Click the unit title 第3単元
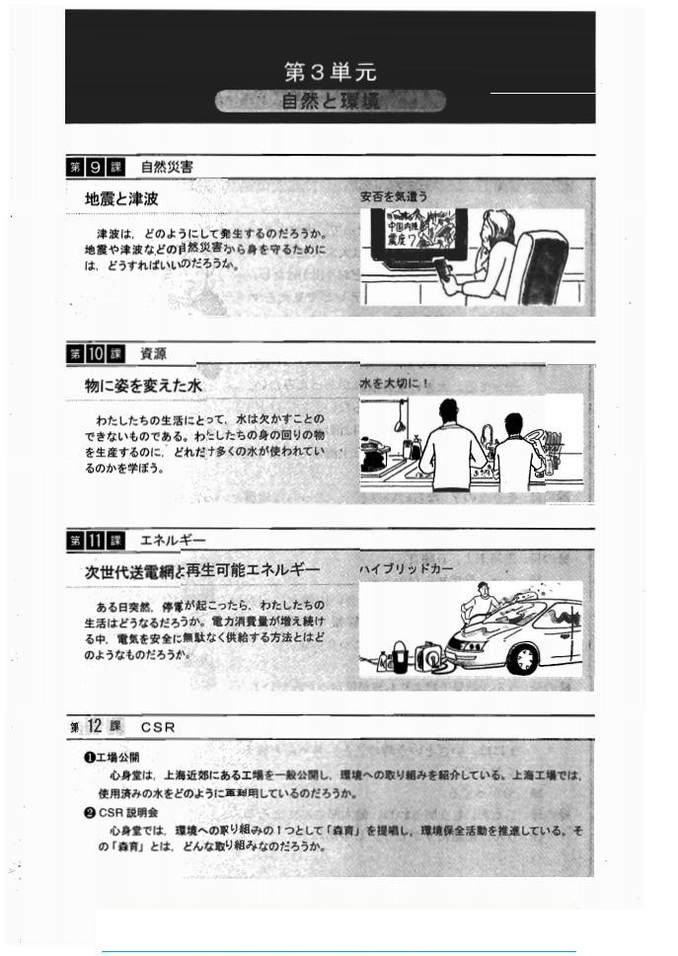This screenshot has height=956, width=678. tap(330, 72)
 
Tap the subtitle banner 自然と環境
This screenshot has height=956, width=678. tap(330, 101)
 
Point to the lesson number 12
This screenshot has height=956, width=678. tap(95, 726)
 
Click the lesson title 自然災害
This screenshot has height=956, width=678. tap(167, 167)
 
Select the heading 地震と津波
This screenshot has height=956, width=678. tap(122, 198)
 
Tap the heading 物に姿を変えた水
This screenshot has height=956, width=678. tap(143, 386)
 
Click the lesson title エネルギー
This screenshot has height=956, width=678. tap(174, 540)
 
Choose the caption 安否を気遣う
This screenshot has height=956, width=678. tap(394, 196)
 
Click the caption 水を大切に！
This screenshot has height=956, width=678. tap(395, 383)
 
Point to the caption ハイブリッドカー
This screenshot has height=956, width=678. tap(407, 569)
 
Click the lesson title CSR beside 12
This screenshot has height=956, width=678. tap(158, 727)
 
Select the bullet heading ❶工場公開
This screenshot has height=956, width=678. tap(112, 758)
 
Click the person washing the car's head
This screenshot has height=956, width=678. tap(482, 592)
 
